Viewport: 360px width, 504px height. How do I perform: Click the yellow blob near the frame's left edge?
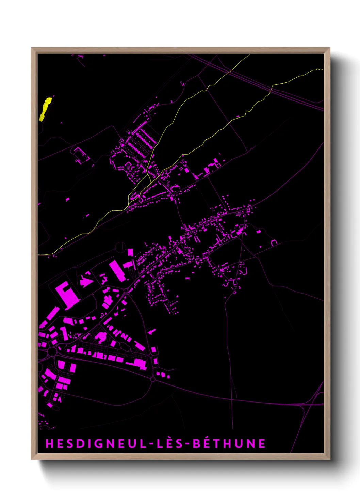pyautogui.click(x=45, y=109)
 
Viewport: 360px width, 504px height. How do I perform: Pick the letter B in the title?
pyautogui.click(x=197, y=444)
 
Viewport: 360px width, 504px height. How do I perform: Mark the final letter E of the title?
pyautogui.click(x=262, y=444)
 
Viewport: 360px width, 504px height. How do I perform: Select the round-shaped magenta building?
pyautogui.click(x=100, y=337)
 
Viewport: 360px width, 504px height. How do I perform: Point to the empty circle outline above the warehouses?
pyautogui.click(x=120, y=247)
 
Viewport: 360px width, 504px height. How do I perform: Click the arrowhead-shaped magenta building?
pyautogui.click(x=86, y=282)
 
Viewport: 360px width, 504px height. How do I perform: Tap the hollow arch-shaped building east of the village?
pyautogui.click(x=274, y=242)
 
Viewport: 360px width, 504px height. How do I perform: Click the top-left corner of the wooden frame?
pyautogui.click(x=32, y=48)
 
